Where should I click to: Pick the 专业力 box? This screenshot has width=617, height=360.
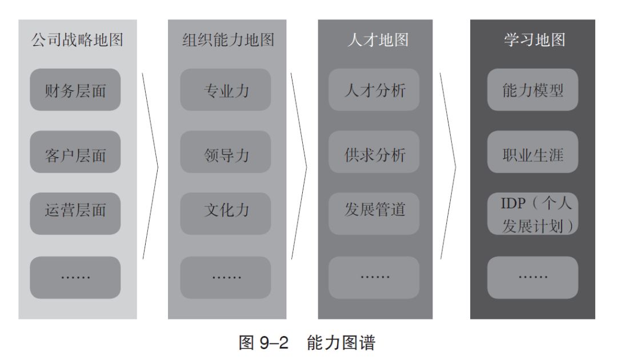click(226, 90)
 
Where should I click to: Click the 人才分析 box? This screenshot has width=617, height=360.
click(374, 90)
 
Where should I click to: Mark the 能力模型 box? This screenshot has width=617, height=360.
click(532, 90)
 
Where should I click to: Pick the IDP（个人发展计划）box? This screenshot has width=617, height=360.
click(532, 214)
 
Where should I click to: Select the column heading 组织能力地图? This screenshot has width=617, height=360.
click(227, 41)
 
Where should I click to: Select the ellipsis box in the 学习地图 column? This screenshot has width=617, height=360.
click(532, 277)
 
